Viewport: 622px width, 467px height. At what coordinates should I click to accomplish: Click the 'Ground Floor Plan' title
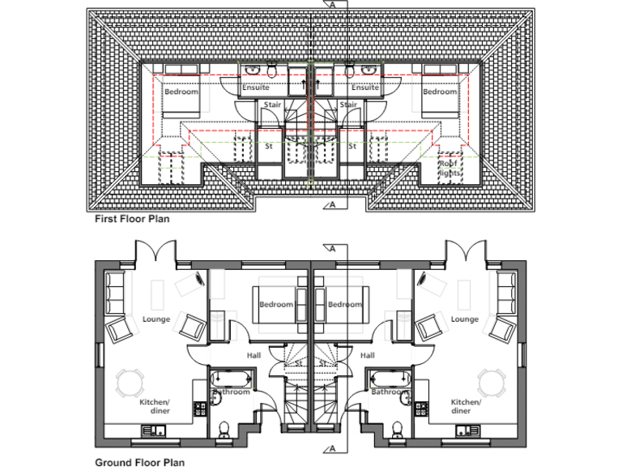coord(139,462)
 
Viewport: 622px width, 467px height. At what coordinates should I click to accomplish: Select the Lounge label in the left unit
coord(156,319)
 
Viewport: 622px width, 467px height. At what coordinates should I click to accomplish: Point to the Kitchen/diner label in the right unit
coord(466,406)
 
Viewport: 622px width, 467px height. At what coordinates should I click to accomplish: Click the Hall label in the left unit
coord(254,355)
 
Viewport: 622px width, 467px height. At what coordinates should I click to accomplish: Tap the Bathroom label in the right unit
coord(390,392)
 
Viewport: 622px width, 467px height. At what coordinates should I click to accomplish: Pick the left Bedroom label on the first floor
coord(181,92)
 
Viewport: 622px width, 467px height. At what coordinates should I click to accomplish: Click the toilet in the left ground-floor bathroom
coord(225,427)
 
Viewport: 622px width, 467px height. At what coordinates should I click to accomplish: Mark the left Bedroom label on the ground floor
coord(276,304)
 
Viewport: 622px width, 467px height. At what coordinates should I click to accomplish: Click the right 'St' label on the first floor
coord(352,147)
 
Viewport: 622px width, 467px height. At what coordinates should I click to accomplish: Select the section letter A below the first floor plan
coord(332,205)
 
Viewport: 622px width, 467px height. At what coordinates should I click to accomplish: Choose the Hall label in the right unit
coord(367,355)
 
